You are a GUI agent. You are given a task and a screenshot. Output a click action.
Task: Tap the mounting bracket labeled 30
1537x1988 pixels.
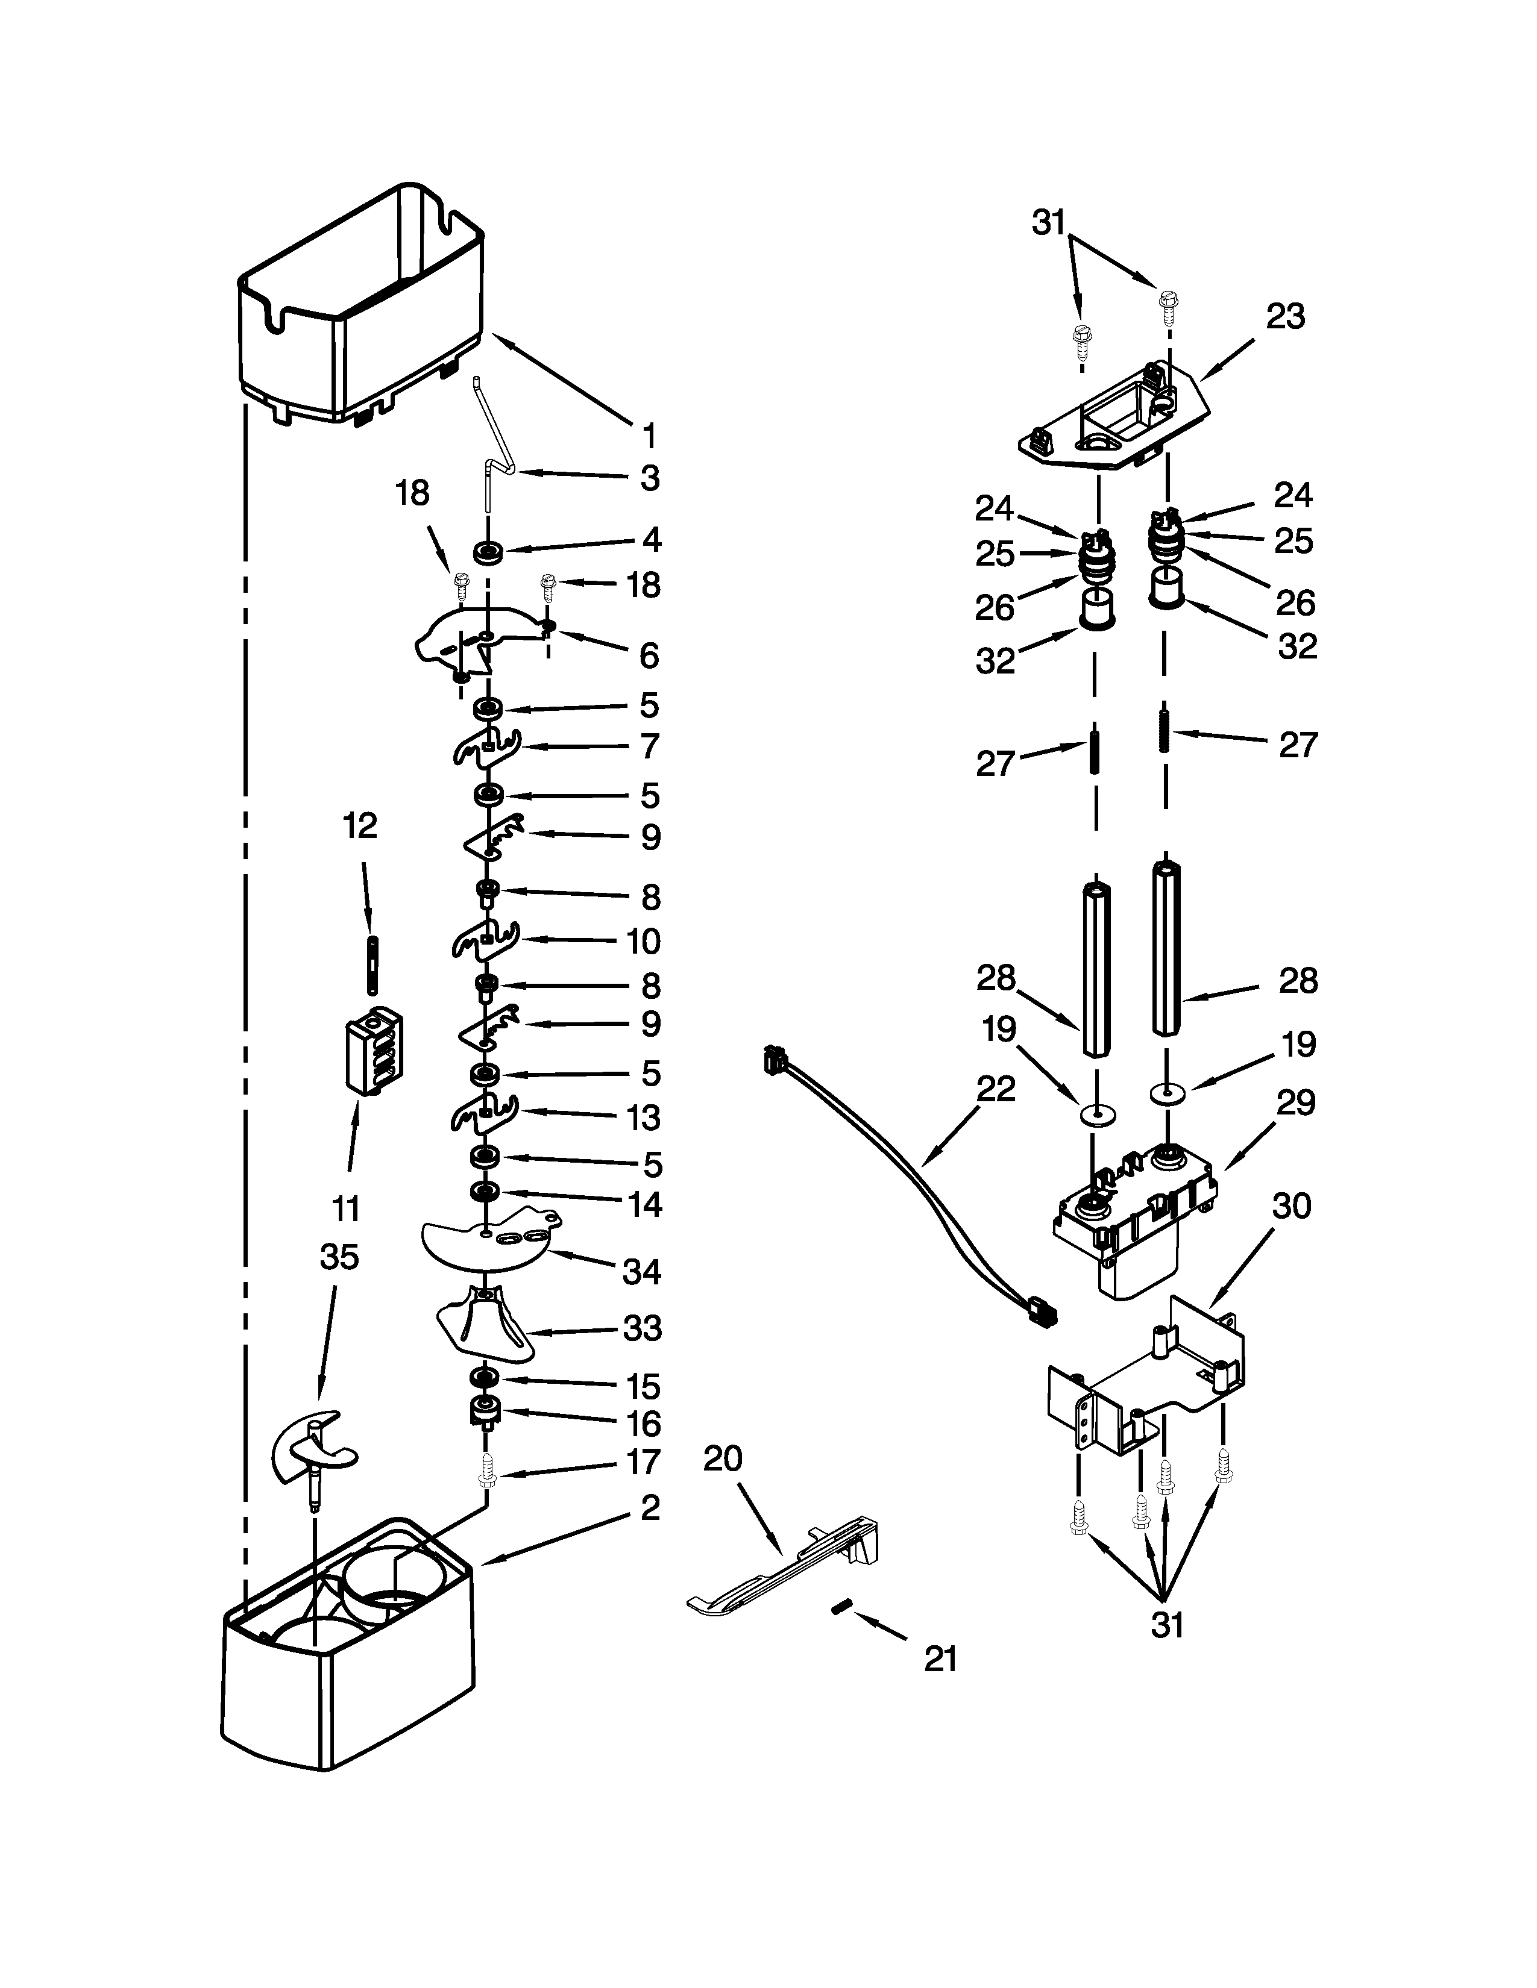click(x=1147, y=1384)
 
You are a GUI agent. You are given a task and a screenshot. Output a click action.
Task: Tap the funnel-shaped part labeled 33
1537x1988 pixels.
click(x=483, y=1324)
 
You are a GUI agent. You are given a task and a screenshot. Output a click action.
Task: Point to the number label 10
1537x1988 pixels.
click(x=643, y=940)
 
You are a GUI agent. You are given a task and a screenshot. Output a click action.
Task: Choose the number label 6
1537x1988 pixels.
click(x=649, y=655)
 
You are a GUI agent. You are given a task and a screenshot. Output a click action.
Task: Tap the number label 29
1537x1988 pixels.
click(x=1296, y=1102)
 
